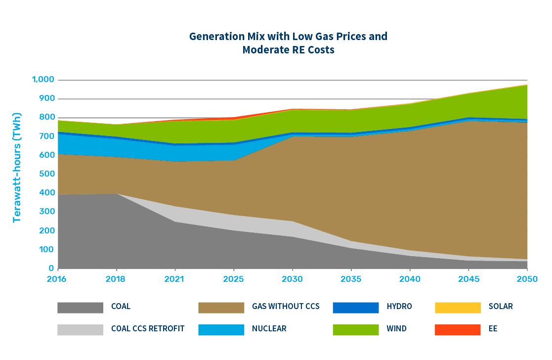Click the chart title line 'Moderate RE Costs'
pos(288,50)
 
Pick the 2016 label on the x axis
pos(58,279)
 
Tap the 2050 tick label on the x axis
pos(527,279)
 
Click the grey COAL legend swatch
pos(80,307)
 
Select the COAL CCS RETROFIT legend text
pos(148,329)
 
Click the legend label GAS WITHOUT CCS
pos(286,307)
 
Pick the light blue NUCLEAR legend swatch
pos(221,329)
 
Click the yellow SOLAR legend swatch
pos(458,307)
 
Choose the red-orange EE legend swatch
pos(458,329)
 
